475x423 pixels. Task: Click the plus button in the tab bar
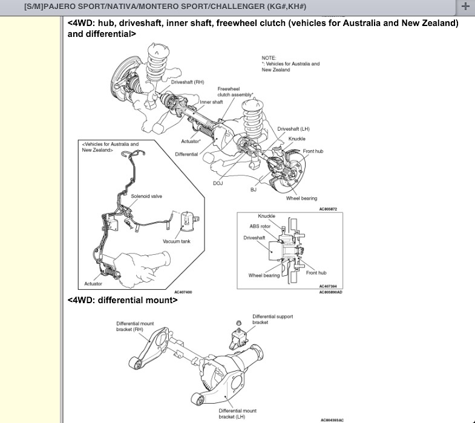click(x=465, y=7)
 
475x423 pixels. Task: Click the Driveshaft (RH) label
click(x=188, y=80)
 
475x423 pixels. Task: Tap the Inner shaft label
click(x=211, y=102)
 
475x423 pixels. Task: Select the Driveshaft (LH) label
click(x=293, y=129)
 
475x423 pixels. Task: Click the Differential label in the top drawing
click(x=186, y=154)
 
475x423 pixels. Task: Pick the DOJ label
click(x=218, y=182)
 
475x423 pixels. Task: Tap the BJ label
click(x=254, y=189)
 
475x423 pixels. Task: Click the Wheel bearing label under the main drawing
click(x=301, y=198)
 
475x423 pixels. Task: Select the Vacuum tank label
click(x=176, y=241)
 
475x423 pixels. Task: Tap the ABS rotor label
click(x=260, y=226)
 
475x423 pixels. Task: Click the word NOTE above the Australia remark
click(x=268, y=57)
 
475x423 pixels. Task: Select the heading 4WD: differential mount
click(x=123, y=300)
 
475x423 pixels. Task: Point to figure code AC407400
click(x=183, y=292)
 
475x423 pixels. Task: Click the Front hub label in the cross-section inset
click(x=316, y=273)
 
